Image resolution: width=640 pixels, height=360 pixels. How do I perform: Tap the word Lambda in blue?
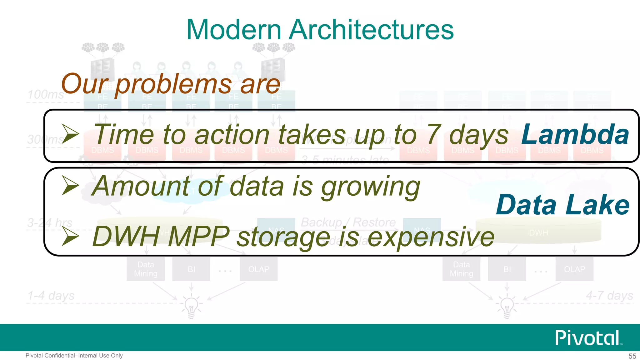tap(575, 134)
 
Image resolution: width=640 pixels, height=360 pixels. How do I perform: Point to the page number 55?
tap(632, 356)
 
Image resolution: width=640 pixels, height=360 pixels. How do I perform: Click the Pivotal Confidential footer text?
tap(74, 356)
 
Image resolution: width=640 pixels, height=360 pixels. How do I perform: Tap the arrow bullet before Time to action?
tap(70, 134)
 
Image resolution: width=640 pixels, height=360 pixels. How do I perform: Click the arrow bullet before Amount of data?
tap(70, 185)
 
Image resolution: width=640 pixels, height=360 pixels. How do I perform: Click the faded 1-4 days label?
tap(51, 295)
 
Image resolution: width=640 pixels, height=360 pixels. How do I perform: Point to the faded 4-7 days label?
tap(609, 295)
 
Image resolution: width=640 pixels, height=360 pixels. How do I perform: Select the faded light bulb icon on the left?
tap(191, 306)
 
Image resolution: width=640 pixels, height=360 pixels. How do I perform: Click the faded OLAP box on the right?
tap(574, 269)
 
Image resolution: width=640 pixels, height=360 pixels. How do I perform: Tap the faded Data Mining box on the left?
tap(146, 269)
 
